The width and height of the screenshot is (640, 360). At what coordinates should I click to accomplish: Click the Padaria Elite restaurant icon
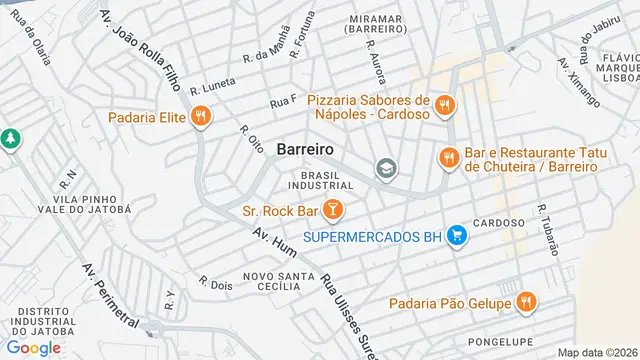[201, 117]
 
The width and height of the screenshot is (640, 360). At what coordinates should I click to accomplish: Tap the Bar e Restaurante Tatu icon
[448, 157]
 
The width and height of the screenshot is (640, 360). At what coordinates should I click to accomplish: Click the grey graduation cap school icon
[385, 169]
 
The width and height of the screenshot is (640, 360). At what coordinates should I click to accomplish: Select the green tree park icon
[10, 139]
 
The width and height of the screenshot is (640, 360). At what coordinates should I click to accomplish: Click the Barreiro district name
[305, 149]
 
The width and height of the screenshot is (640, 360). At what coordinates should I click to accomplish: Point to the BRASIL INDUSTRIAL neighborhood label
[320, 180]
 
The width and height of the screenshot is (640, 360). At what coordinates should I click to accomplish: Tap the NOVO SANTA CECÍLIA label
[265, 280]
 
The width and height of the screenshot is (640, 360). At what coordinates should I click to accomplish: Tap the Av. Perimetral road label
[110, 296]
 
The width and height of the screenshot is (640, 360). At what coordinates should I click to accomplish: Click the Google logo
[33, 347]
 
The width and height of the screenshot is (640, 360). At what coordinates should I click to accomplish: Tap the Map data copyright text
[596, 352]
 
